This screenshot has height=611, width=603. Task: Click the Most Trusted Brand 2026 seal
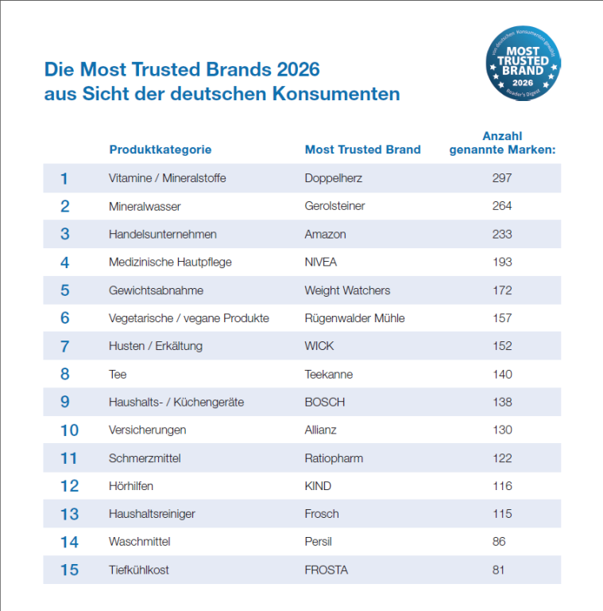[524, 64]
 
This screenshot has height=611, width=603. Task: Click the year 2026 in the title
[298, 70]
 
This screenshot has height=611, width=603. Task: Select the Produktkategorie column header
[160, 150]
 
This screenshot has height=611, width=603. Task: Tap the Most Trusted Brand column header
[362, 150]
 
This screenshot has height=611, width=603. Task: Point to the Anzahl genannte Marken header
[502, 143]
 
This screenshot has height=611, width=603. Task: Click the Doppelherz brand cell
[334, 178]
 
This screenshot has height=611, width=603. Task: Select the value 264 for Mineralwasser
[502, 206]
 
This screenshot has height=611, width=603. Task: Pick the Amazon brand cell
[325, 234]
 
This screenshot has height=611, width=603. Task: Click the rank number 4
[64, 263]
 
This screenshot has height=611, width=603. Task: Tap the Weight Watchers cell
[347, 290]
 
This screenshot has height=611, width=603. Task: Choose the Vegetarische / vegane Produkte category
[188, 318]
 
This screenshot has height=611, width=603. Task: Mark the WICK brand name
[319, 346]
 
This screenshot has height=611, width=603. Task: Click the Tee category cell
[118, 375]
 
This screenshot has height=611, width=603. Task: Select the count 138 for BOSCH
[502, 402]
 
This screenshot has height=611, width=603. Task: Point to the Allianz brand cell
[320, 430]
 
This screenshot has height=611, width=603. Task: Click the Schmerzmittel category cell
[145, 458]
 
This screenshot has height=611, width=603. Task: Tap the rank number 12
[69, 486]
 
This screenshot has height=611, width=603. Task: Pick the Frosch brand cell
[322, 514]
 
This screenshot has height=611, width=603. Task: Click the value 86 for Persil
[499, 542]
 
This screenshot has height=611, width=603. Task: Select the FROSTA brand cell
[326, 570]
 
